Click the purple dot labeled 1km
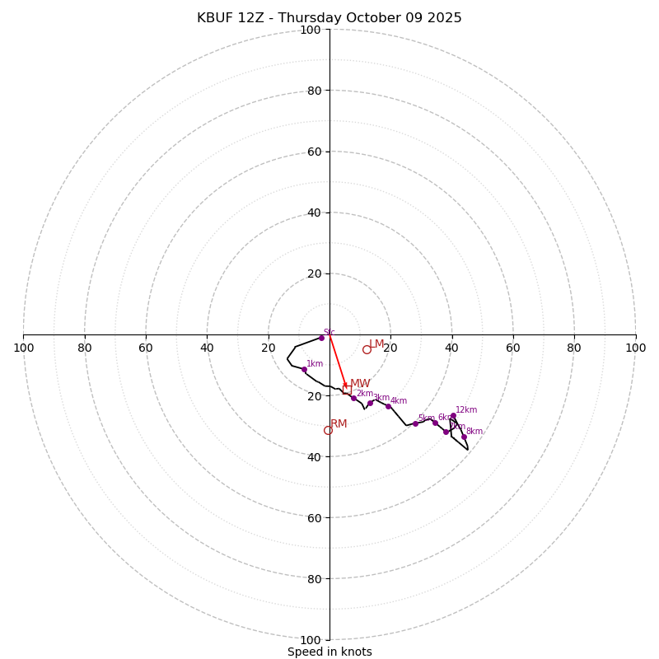click(x=304, y=369)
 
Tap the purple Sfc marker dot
click(x=321, y=338)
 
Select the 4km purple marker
click(x=388, y=406)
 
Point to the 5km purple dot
click(x=415, y=423)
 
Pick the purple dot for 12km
click(x=453, y=416)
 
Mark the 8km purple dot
click(x=464, y=437)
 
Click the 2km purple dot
click(x=353, y=398)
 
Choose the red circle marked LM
click(x=367, y=349)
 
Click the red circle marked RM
click(x=328, y=430)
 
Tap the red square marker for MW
click(x=347, y=390)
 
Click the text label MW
click(x=360, y=384)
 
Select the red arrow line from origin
click(x=338, y=362)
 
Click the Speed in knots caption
click(x=329, y=652)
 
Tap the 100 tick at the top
click(x=311, y=30)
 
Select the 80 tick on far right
click(x=574, y=348)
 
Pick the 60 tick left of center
click(x=146, y=348)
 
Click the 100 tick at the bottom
click(x=311, y=640)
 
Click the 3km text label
click(x=381, y=397)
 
